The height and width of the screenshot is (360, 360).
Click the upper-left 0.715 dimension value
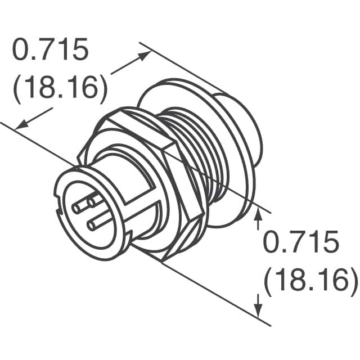pos(51,51)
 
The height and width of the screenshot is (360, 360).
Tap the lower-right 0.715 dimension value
pos(301,244)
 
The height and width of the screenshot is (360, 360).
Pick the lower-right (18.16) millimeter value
pos(311,280)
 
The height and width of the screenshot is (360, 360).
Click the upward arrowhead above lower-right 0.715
pos(258,213)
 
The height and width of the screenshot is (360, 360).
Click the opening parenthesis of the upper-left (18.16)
pos(17,89)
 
